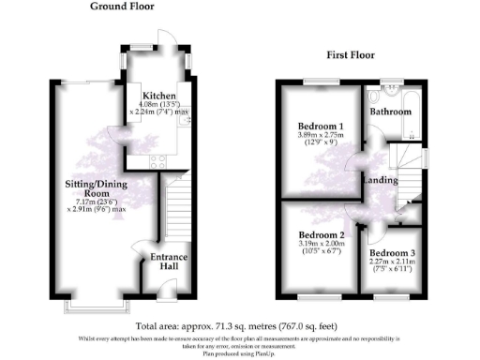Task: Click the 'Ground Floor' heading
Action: click(x=122, y=7)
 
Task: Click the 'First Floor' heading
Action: click(x=351, y=55)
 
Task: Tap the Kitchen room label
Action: click(x=157, y=96)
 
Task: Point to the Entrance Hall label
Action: click(x=170, y=262)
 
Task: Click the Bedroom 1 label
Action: click(x=321, y=126)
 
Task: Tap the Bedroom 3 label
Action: click(x=392, y=253)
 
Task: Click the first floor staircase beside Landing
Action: click(x=406, y=173)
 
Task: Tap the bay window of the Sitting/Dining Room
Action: click(x=94, y=307)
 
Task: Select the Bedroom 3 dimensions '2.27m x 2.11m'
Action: click(x=392, y=262)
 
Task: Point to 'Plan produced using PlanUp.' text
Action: click(x=240, y=353)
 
